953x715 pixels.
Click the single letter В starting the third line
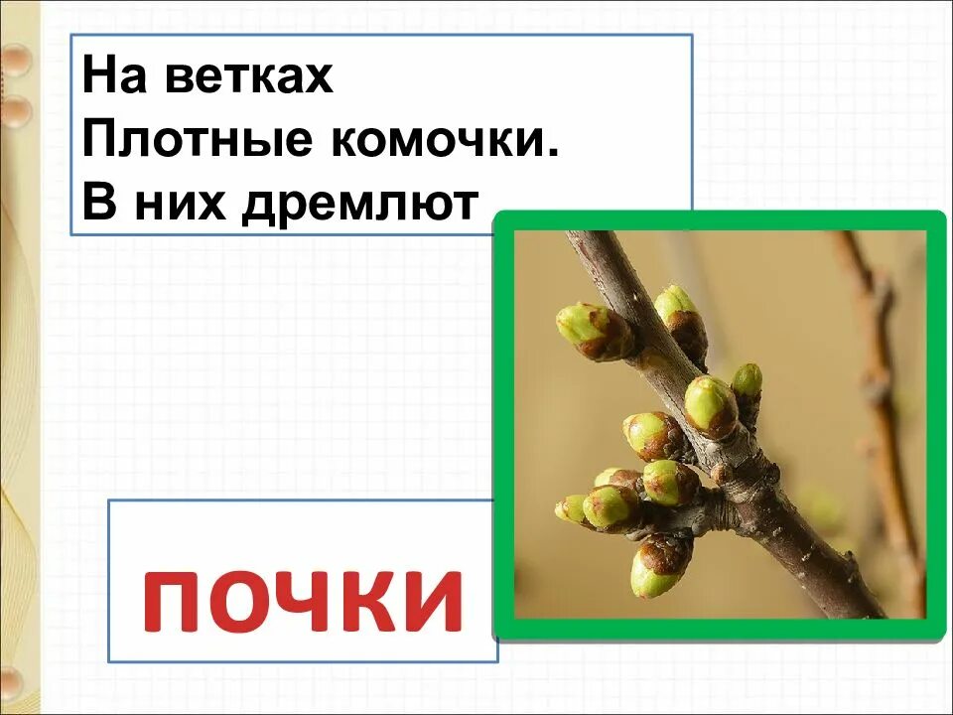point(98,205)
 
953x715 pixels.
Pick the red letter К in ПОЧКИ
point(363,601)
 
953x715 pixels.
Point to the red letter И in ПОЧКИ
point(430,601)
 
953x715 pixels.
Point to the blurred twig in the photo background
point(878,397)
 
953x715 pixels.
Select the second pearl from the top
point(14,111)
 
